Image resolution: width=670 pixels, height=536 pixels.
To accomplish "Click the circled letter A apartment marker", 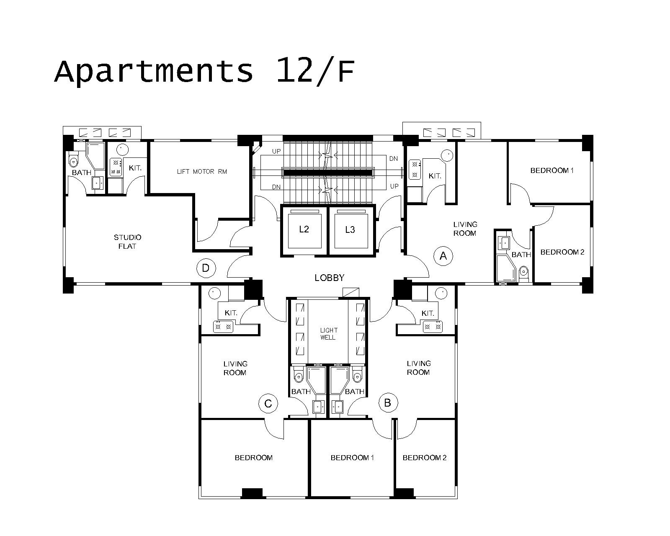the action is click(x=443, y=256).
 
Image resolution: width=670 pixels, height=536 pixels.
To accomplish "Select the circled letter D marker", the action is click(x=206, y=268).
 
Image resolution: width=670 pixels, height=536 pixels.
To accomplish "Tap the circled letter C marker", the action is click(x=268, y=404).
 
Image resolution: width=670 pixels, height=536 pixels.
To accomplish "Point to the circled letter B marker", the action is click(x=388, y=403).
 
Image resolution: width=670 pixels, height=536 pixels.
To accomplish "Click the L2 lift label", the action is click(x=304, y=229).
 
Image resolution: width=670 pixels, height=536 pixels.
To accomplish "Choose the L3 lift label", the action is click(x=350, y=229).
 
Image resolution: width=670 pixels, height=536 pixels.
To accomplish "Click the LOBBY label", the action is click(x=330, y=278).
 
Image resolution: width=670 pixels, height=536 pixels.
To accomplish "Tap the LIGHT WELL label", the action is click(x=328, y=334).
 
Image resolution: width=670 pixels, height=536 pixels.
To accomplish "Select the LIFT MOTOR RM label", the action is click(x=202, y=172).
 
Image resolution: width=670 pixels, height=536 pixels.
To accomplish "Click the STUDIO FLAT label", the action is click(x=127, y=242).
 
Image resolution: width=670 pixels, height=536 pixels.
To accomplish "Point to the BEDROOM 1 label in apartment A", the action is click(x=552, y=170).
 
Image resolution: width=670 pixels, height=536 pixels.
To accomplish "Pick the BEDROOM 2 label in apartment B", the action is click(x=424, y=458).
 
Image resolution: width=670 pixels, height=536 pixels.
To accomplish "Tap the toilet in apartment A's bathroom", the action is click(x=524, y=273).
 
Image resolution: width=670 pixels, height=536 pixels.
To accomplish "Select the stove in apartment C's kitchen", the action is click(x=223, y=327).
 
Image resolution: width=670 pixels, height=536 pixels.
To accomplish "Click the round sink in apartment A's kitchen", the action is click(x=447, y=155).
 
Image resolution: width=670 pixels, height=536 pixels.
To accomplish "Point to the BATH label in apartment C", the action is click(x=301, y=392).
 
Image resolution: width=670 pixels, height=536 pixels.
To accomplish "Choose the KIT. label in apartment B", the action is click(x=428, y=313).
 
